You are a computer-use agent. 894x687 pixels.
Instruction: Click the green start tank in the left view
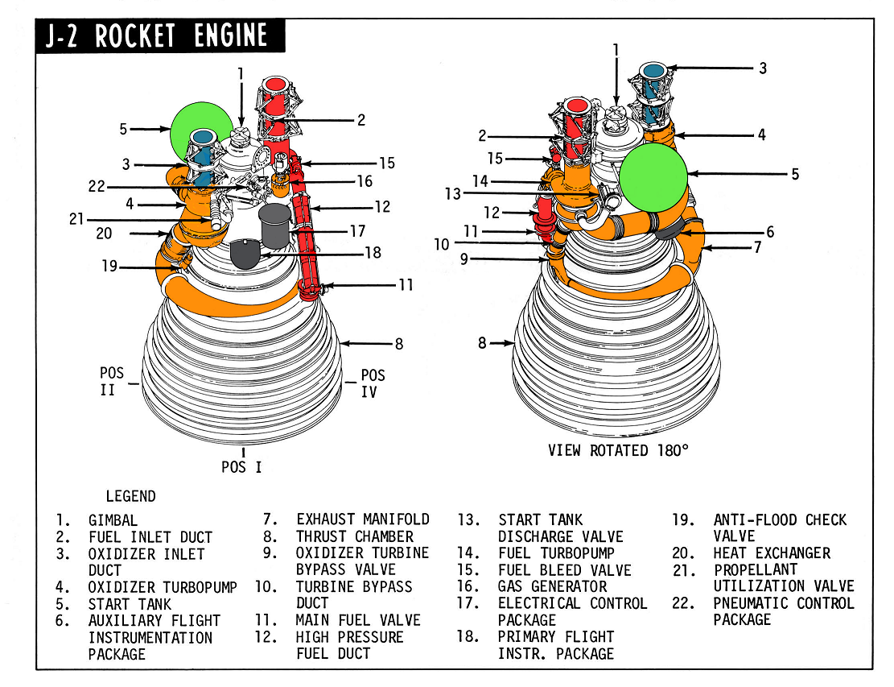pyautogui.click(x=197, y=129)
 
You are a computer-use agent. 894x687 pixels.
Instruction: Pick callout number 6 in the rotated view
pyautogui.click(x=770, y=232)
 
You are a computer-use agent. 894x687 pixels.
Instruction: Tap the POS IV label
pyautogui.click(x=373, y=383)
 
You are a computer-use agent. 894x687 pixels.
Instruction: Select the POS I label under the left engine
pyautogui.click(x=242, y=466)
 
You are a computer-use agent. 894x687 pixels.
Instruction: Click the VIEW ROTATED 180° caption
pyautogui.click(x=618, y=450)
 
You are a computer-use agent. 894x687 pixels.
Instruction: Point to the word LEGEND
pyautogui.click(x=131, y=496)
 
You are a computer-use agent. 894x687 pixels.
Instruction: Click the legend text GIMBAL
pyautogui.click(x=113, y=520)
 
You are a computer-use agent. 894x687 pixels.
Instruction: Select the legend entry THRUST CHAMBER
pyautogui.click(x=355, y=536)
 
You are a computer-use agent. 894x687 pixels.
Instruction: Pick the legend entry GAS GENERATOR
pyautogui.click(x=553, y=586)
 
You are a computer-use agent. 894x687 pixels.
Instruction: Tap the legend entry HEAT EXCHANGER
pyautogui.click(x=772, y=553)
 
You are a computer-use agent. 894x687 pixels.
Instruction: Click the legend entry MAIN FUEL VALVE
pyautogui.click(x=358, y=620)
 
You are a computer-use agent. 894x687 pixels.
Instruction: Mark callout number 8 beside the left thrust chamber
pyautogui.click(x=398, y=345)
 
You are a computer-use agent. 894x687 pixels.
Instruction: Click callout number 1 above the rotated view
pyautogui.click(x=616, y=50)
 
